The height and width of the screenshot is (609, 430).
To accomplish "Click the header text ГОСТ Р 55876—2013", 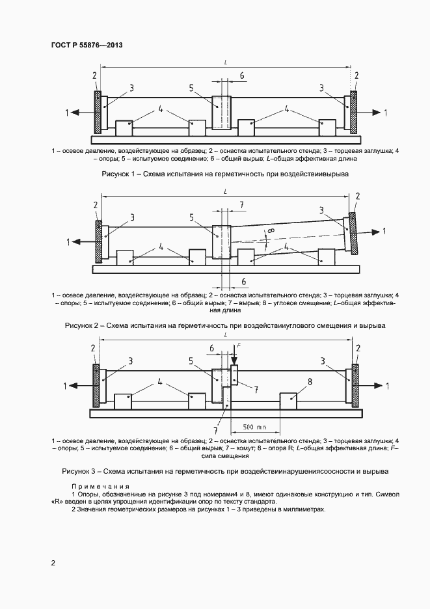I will (x=87, y=46).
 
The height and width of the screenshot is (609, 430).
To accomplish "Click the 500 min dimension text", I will (x=254, y=427).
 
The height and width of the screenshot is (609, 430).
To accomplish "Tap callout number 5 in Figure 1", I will (x=191, y=88).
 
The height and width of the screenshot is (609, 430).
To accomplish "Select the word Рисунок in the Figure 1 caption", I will (x=117, y=174).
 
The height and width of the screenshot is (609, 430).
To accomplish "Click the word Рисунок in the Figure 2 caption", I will (x=79, y=324).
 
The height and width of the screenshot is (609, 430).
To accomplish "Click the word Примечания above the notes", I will (x=100, y=487).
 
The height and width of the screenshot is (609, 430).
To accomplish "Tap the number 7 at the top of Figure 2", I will (x=241, y=205).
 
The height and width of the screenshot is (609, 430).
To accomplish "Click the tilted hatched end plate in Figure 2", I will (x=352, y=234).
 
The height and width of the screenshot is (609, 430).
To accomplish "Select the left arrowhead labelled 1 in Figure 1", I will (x=75, y=113).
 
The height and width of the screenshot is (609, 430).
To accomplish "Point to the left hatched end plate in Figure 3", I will (x=97, y=385).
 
